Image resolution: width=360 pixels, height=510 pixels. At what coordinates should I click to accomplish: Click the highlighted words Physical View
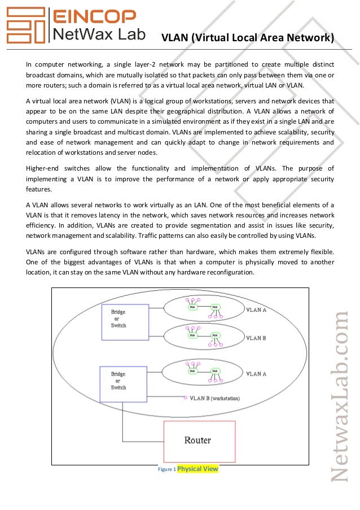tap(197, 469)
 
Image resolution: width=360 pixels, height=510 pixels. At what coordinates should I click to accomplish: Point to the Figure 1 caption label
tap(166, 469)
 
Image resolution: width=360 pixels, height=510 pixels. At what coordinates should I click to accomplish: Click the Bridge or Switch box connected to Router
tap(118, 380)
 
